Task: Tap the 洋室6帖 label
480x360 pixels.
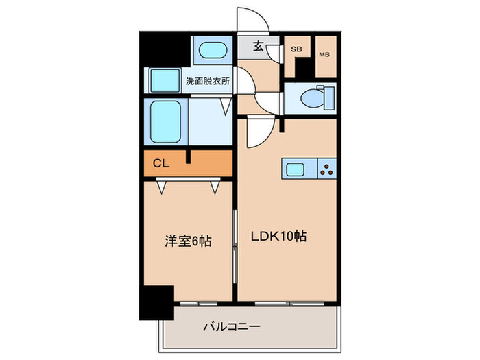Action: point(186,241)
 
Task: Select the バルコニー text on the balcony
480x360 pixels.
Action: point(230,327)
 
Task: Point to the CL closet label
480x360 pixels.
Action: point(160,163)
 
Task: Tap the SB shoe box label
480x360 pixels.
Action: point(297,49)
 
